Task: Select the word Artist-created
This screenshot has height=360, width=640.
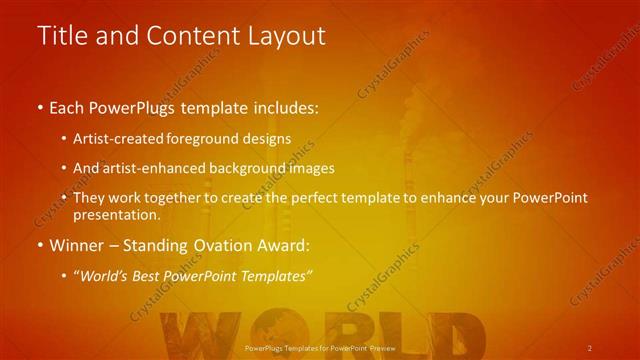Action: pos(125,138)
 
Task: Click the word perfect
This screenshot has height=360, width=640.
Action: pos(317,198)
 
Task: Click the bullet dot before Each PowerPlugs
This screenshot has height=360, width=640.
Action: pos(40,106)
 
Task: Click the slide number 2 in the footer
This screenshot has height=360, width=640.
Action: pos(590,348)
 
